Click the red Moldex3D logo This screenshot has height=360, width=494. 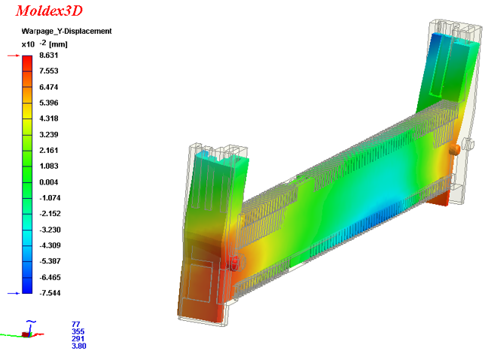[x=49, y=11]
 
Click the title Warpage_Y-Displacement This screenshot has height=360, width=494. [x=66, y=31]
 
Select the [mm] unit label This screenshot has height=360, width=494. [x=58, y=44]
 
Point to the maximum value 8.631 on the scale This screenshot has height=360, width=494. [x=49, y=56]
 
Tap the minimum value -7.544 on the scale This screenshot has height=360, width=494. [x=50, y=293]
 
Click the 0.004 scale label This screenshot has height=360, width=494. [x=49, y=182]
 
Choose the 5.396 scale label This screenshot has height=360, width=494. [x=49, y=102]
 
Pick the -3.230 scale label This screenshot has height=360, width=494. [x=50, y=230]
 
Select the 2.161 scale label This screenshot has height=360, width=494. [x=49, y=150]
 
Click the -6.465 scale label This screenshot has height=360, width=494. [x=50, y=277]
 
